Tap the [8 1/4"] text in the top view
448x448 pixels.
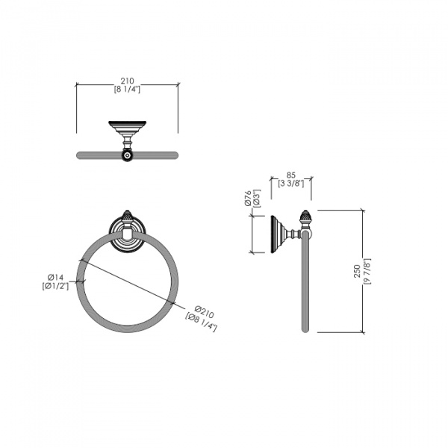tap(128, 89)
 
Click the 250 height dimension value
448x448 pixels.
tap(356, 270)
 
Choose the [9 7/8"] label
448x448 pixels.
tap(367, 270)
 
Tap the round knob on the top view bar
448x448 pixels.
tap(128, 155)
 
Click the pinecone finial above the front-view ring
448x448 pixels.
tap(128, 215)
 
